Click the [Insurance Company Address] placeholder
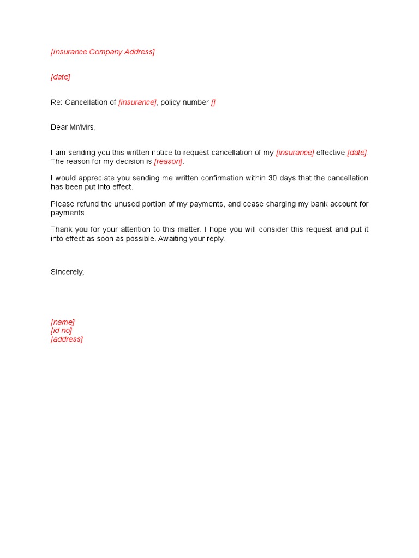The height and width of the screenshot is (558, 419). (x=103, y=52)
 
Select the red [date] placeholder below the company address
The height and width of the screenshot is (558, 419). (x=61, y=77)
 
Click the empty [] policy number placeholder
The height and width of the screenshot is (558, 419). (x=213, y=102)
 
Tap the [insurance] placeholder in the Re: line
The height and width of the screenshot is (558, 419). (x=137, y=102)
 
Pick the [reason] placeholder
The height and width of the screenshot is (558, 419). (x=169, y=161)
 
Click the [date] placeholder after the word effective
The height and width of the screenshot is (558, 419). (x=357, y=153)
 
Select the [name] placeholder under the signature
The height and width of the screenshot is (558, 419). (x=63, y=322)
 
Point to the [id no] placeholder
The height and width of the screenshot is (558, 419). (x=61, y=331)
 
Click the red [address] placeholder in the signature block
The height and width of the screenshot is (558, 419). (x=67, y=339)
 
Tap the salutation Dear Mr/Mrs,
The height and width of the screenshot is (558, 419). (x=73, y=128)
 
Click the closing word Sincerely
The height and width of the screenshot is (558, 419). (x=67, y=272)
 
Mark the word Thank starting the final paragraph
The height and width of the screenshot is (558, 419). (x=61, y=229)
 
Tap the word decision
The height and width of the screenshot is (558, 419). (x=130, y=161)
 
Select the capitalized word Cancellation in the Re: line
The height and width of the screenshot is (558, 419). (x=91, y=102)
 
